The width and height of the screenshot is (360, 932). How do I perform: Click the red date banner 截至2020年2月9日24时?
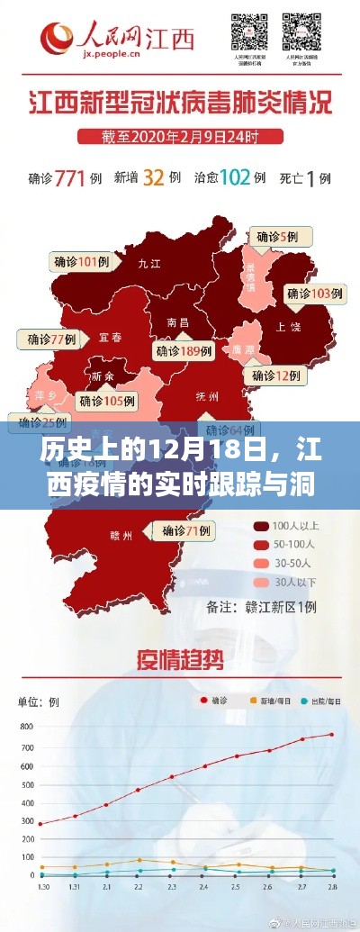click(x=180, y=137)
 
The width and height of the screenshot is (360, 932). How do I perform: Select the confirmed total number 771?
click(x=76, y=177)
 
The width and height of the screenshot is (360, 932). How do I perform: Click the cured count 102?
click(x=235, y=177)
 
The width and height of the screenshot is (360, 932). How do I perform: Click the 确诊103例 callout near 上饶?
click(x=315, y=293)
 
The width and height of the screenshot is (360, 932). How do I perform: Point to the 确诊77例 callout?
click(x=51, y=339)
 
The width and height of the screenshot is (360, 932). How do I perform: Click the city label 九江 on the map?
click(x=148, y=265)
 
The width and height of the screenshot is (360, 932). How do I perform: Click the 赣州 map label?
click(x=121, y=535)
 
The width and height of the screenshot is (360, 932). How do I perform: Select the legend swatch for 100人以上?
click(x=261, y=526)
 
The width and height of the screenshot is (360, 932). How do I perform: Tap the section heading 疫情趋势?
click(x=180, y=657)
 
